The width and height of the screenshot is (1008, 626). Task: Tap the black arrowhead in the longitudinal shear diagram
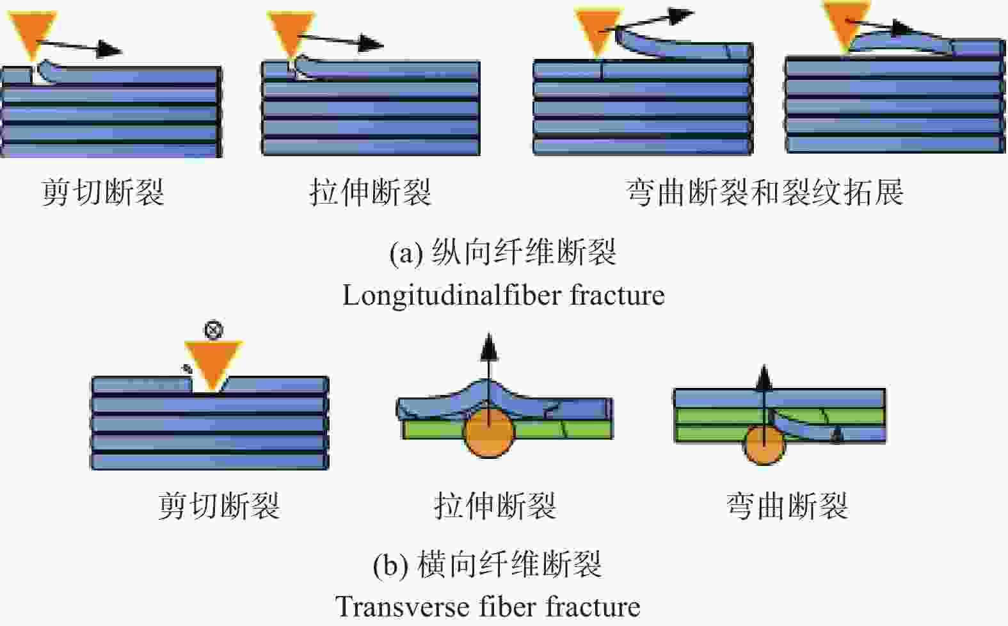pyautogui.click(x=109, y=49)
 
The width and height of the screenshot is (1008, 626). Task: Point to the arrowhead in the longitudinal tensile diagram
pyautogui.click(x=371, y=43)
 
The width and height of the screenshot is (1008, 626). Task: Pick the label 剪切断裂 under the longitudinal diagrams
pyautogui.click(x=103, y=193)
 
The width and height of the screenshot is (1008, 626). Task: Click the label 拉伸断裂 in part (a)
pyautogui.click(x=371, y=193)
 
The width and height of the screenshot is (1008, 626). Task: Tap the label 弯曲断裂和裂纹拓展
pyautogui.click(x=765, y=193)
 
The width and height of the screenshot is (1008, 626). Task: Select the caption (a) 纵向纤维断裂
pyautogui.click(x=502, y=252)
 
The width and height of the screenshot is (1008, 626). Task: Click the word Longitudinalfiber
pyautogui.click(x=451, y=296)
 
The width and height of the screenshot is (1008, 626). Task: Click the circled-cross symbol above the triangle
pyautogui.click(x=213, y=330)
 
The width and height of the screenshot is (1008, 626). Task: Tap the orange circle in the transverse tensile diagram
pyautogui.click(x=489, y=433)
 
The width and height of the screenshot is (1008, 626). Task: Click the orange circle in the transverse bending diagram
pyautogui.click(x=764, y=445)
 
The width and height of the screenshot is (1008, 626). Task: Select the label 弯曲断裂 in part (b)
pyautogui.click(x=787, y=506)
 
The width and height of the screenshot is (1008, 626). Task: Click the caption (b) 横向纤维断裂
pyautogui.click(x=487, y=565)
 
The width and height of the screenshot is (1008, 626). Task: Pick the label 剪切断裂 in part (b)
pyautogui.click(x=219, y=506)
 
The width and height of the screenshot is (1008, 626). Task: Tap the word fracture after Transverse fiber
pyautogui.click(x=593, y=607)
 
